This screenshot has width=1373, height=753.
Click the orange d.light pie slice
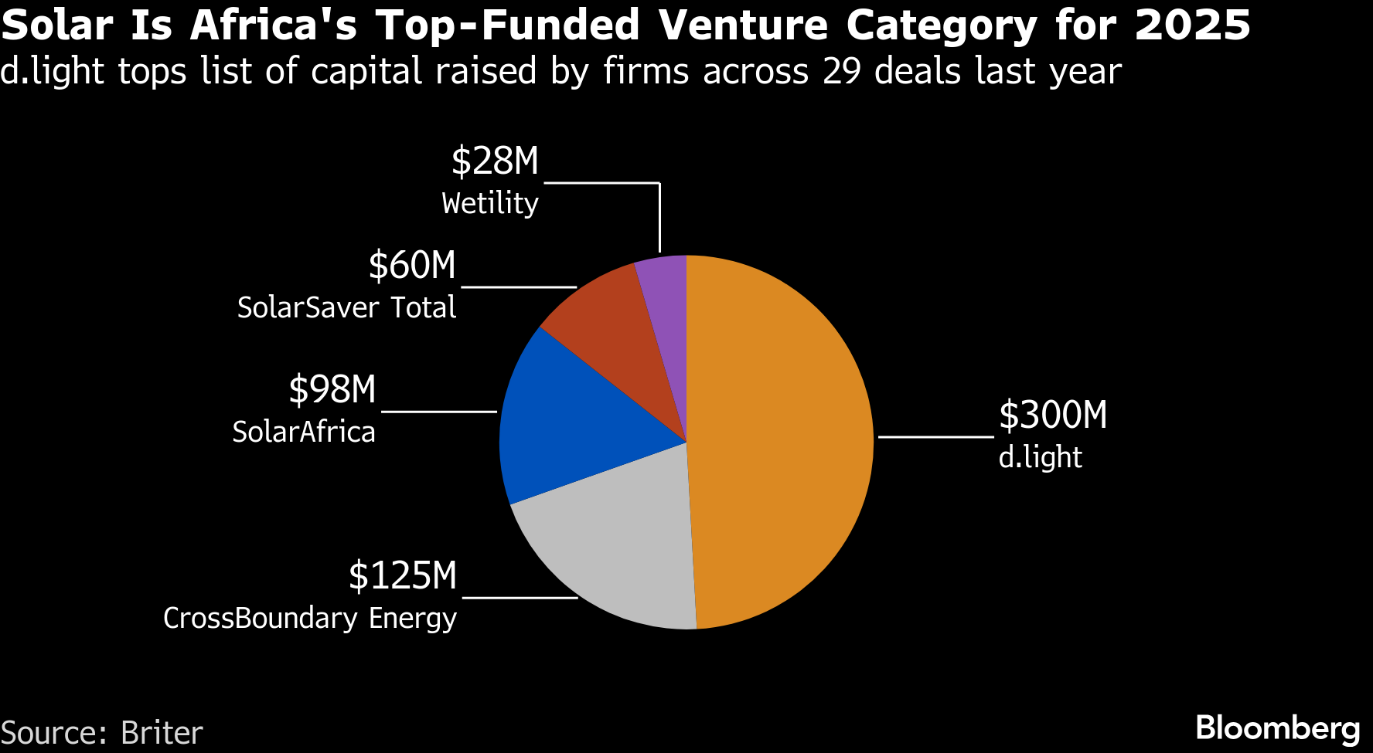781,440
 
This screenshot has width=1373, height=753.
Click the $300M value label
1053,416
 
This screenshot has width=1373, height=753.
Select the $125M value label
403,576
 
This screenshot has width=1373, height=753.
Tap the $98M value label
332,390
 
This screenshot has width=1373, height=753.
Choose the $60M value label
412,266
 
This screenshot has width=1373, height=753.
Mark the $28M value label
495,161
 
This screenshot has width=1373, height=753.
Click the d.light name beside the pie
1040,457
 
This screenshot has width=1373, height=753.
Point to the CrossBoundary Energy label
310,619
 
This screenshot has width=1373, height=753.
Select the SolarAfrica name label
304,432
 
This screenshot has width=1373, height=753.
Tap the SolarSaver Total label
346,307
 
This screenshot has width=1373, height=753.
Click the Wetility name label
490,203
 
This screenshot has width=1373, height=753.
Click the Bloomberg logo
1277,728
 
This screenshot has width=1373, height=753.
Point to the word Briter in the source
162,733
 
